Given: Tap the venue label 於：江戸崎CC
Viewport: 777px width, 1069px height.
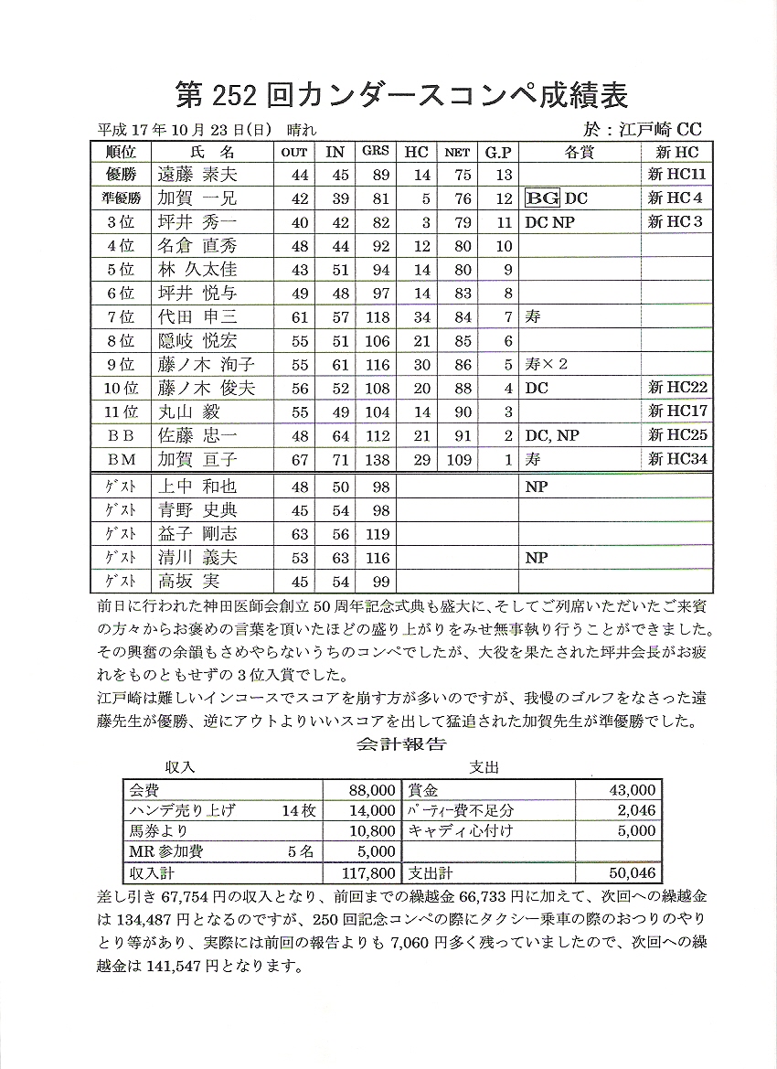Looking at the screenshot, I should [645, 130].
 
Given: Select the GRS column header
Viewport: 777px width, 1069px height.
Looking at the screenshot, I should [375, 152].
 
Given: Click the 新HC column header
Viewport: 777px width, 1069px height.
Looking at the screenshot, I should [676, 152].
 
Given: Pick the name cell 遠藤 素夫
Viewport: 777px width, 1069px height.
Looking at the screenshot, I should [197, 175].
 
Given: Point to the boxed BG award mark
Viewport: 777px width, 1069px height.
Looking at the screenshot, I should [542, 198].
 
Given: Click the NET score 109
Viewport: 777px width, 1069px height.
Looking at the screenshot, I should [458, 459].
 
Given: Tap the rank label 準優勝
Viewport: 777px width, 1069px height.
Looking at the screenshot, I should [121, 198].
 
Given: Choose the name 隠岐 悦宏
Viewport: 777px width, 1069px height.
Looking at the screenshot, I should [197, 341].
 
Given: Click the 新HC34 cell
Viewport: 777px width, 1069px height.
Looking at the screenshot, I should [677, 459].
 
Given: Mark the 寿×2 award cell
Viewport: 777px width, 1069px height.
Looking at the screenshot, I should [547, 364].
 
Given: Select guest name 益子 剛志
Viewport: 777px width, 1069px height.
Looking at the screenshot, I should [197, 533].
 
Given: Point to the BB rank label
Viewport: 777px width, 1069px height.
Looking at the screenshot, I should [121, 435].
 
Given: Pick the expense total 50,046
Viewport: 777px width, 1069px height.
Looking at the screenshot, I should [632, 873].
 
